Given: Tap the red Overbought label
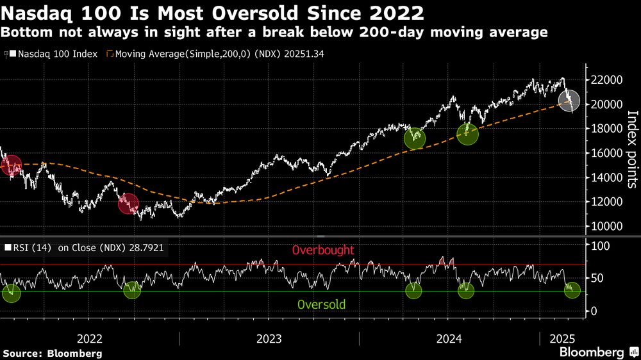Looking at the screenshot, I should coord(322,250).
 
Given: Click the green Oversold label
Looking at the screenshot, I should coord(322,304).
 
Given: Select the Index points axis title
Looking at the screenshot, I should coord(631,149).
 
